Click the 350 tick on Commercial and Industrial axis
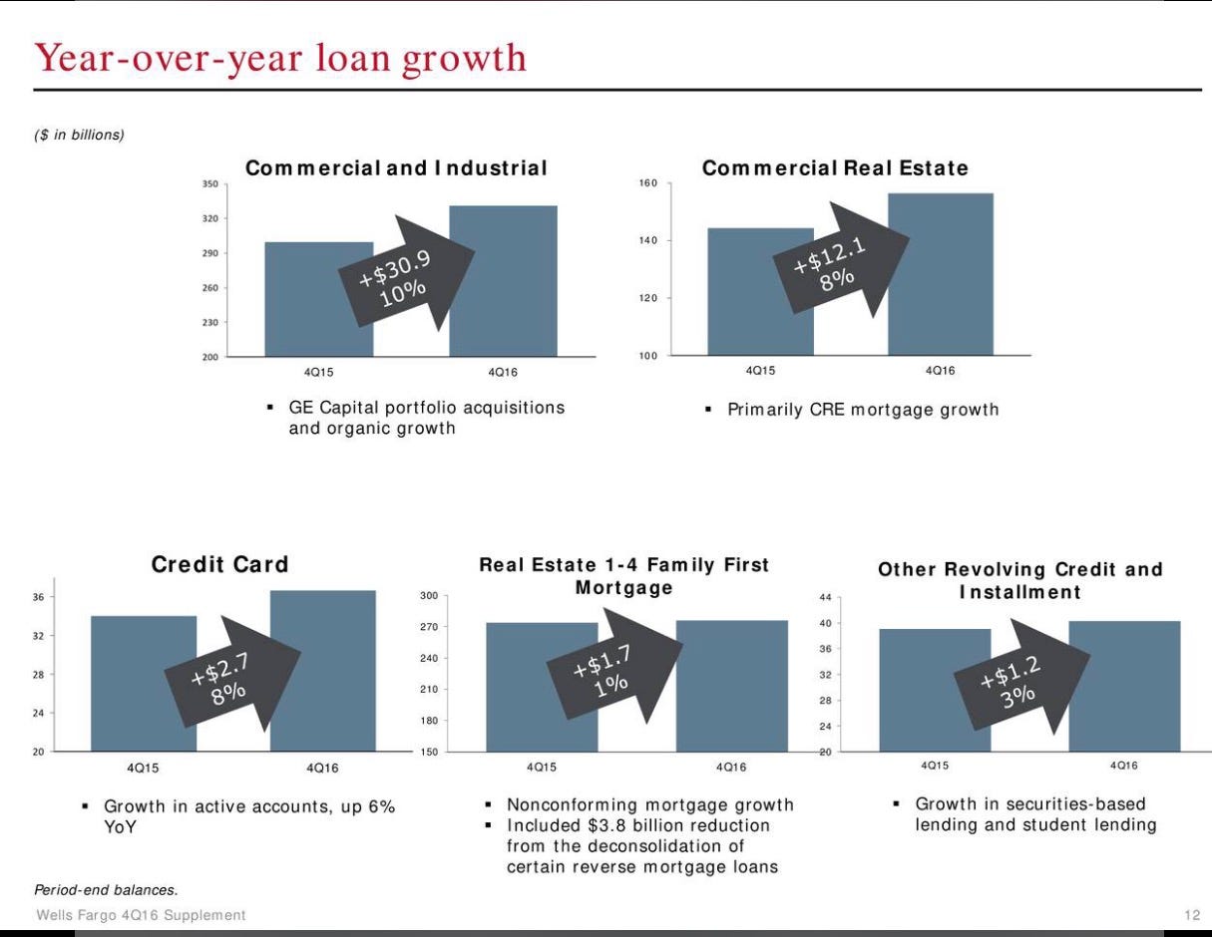pyautogui.click(x=209, y=184)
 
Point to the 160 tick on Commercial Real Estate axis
pyautogui.click(x=647, y=183)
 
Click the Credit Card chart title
pyautogui.click(x=219, y=564)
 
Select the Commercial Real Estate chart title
pyautogui.click(x=834, y=167)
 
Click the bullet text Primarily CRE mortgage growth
pyautogui.click(x=862, y=410)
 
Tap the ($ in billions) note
pyautogui.click(x=79, y=135)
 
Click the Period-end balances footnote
pyautogui.click(x=106, y=889)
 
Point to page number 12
pyautogui.click(x=1192, y=915)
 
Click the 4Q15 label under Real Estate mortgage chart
pyautogui.click(x=542, y=767)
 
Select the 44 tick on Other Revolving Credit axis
pyautogui.click(x=825, y=598)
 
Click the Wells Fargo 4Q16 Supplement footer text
pyautogui.click(x=141, y=915)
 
